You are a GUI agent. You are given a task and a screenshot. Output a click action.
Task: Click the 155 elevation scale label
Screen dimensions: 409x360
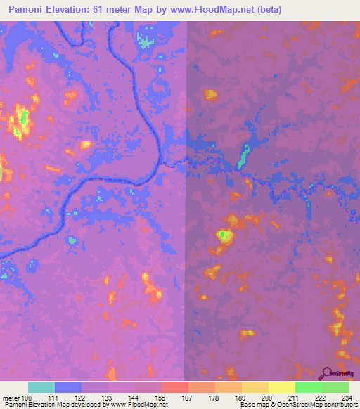click(x=160, y=398)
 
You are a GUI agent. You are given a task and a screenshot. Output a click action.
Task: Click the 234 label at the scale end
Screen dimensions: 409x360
click(x=345, y=398)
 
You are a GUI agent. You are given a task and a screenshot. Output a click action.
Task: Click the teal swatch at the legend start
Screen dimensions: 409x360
click(x=41, y=387)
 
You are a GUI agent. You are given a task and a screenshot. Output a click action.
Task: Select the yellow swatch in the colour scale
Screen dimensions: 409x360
click(x=281, y=387)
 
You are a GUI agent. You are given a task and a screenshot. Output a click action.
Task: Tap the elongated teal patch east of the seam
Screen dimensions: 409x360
click(x=244, y=155)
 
